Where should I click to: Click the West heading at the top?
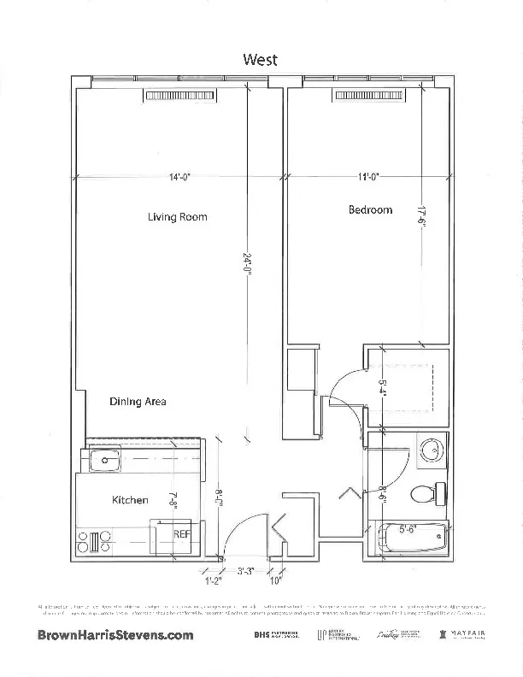click(x=261, y=59)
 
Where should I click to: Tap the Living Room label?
click(x=178, y=217)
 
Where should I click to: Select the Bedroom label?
click(x=370, y=209)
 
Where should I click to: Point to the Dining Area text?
click(x=138, y=401)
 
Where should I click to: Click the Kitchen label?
click(x=130, y=500)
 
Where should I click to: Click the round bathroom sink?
click(x=432, y=450)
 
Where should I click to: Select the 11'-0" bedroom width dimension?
click(x=368, y=178)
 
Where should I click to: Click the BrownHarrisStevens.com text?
click(x=116, y=635)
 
